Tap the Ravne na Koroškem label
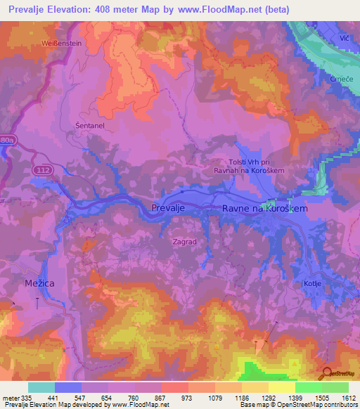264,209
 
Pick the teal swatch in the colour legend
41,387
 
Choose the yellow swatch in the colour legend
281,387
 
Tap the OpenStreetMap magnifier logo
326,374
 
